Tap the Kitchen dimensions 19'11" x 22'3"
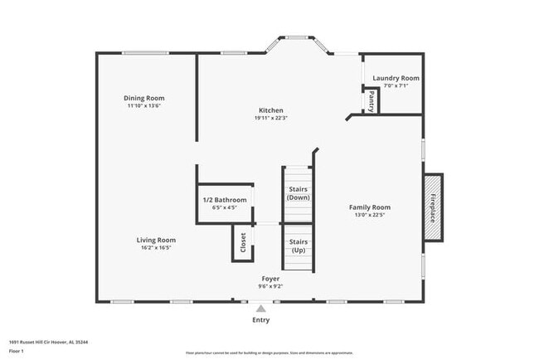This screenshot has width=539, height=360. click(270, 118)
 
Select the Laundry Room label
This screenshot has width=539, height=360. click(396, 78)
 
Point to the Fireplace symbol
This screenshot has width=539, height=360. click(433, 207)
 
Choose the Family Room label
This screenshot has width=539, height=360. click(369, 207)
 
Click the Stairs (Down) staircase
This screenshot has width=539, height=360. click(298, 194)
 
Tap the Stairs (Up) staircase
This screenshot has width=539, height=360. click(298, 246)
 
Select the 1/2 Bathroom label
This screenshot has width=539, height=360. click(225, 200)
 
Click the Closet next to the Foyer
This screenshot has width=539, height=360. click(243, 242)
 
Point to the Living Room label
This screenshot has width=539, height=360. click(156, 240)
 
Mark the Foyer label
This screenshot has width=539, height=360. click(270, 279)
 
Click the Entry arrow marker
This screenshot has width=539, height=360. click(260, 308)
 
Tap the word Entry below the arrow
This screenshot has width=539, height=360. click(260, 319)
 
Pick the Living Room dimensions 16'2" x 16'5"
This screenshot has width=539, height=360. click(156, 247)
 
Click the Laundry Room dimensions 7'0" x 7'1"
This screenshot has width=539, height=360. click(396, 85)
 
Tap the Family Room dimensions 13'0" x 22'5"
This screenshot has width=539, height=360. click(369, 215)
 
